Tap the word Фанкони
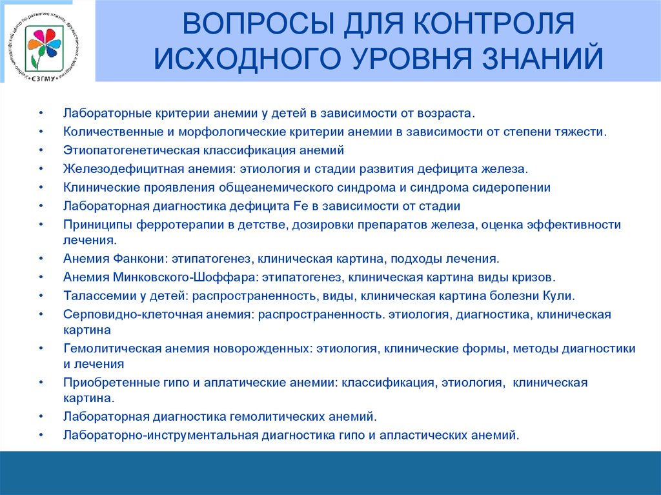click(139, 259)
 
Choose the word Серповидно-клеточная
click(125, 315)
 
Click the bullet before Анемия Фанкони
click(41, 259)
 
